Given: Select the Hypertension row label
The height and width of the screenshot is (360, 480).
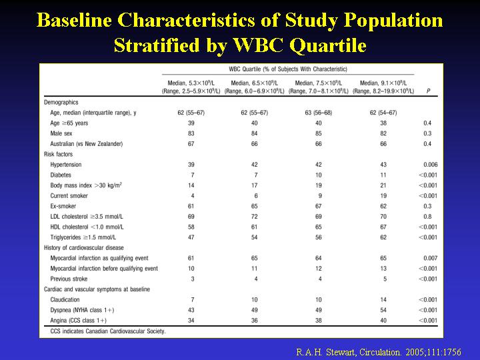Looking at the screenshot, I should pos(66,165).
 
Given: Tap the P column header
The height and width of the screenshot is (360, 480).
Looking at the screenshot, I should pos(428,91).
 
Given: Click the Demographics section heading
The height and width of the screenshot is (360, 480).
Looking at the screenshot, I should pos(61,103).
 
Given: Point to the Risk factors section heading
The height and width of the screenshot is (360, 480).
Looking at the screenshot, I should pos(59,155).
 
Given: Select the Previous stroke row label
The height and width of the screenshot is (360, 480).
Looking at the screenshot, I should pos(70,279).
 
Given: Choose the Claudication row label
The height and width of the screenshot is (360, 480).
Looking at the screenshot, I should pos(65,300).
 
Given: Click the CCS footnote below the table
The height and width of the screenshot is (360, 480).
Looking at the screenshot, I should pos(105,331).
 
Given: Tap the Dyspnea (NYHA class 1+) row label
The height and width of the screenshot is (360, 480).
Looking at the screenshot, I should pos(83,310).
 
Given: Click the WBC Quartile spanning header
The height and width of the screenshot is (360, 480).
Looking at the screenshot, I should pos(288,69).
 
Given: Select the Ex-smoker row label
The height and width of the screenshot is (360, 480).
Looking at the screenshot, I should pos(65,206).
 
